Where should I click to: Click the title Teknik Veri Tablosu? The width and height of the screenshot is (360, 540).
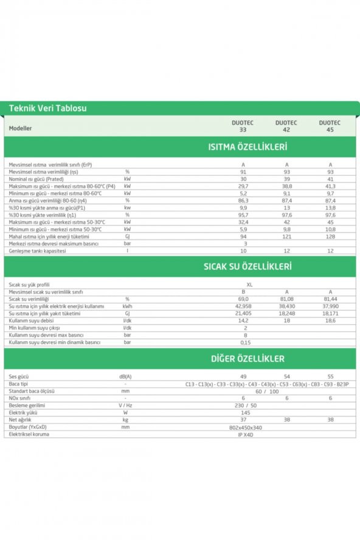click(x=47, y=109)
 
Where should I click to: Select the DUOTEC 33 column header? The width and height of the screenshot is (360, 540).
click(x=243, y=126)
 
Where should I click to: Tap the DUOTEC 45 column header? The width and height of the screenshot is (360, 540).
click(x=330, y=126)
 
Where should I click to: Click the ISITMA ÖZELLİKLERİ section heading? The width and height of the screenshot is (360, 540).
click(x=247, y=147)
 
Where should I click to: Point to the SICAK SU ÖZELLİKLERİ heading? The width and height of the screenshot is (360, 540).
click(x=247, y=266)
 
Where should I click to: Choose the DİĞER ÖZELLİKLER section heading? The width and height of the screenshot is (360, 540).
click(x=248, y=359)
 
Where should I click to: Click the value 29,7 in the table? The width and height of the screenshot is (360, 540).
click(x=243, y=185)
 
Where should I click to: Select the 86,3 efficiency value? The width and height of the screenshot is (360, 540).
click(x=243, y=200)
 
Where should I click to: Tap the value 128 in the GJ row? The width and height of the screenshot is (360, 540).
click(x=330, y=236)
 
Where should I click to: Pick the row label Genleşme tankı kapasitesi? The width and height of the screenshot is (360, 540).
click(x=38, y=251)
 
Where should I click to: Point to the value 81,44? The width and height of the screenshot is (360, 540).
click(x=330, y=299)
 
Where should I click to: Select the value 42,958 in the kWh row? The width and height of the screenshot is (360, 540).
click(x=243, y=306)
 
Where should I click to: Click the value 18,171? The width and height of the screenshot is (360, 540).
click(x=330, y=313)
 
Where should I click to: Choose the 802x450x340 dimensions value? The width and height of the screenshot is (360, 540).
click(x=250, y=427)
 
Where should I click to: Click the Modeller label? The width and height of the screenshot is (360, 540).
click(x=20, y=128)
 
